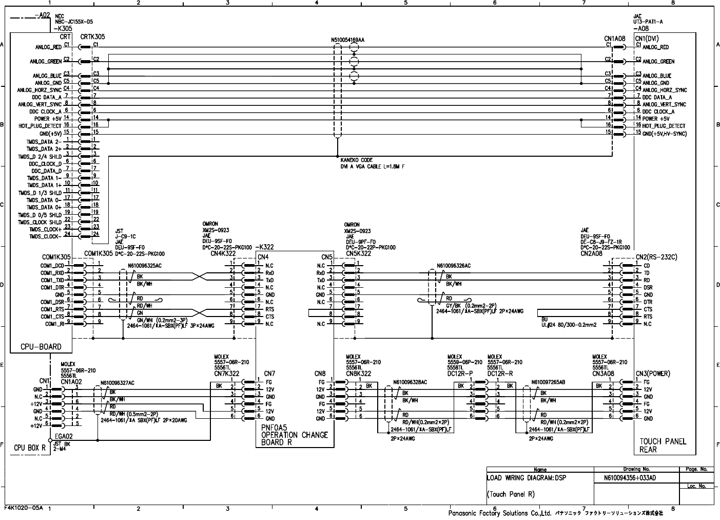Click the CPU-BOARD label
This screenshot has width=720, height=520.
click(41, 347)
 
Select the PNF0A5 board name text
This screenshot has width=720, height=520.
click(274, 428)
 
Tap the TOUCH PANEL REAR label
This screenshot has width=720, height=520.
click(663, 445)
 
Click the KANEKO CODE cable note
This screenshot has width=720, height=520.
click(356, 160)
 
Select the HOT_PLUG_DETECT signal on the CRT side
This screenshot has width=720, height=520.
click(40, 126)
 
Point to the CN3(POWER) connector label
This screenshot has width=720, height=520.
click(653, 374)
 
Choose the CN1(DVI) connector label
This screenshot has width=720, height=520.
click(647, 39)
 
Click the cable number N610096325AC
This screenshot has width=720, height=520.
click(144, 266)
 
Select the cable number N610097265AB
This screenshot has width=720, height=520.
click(549, 382)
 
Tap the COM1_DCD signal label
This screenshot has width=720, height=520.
click(52, 266)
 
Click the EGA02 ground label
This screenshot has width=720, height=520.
click(64, 436)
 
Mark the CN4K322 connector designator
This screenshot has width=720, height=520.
click(223, 253)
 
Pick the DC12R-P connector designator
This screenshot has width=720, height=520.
click(459, 374)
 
